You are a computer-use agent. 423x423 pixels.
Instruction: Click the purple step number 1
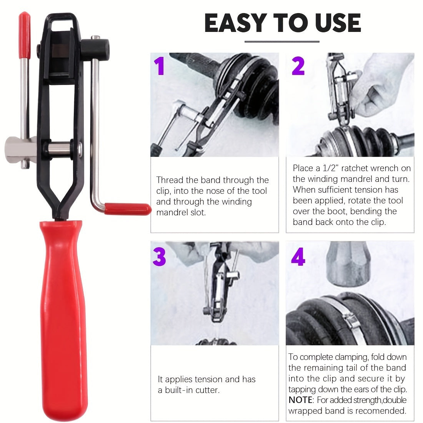coord(159,66)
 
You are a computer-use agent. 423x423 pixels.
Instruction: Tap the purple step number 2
coord(298,66)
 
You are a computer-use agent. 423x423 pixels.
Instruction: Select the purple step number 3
coord(159,257)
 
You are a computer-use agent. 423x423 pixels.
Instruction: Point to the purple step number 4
coord(298,257)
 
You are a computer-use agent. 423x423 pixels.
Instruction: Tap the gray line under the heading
coord(282,42)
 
